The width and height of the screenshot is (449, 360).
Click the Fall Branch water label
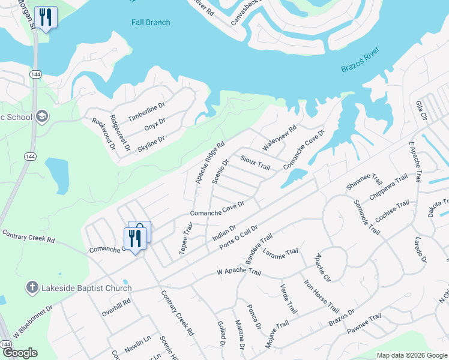coord(151,22)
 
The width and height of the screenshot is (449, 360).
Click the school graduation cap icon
coord(41,116)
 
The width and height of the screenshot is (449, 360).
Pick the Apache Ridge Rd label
coord(209,162)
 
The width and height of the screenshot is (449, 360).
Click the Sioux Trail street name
coord(255,162)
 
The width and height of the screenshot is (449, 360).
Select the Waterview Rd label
coord(279,138)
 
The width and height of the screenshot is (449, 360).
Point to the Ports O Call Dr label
coord(238,238)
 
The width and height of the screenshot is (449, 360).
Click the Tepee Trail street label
coord(187,238)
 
